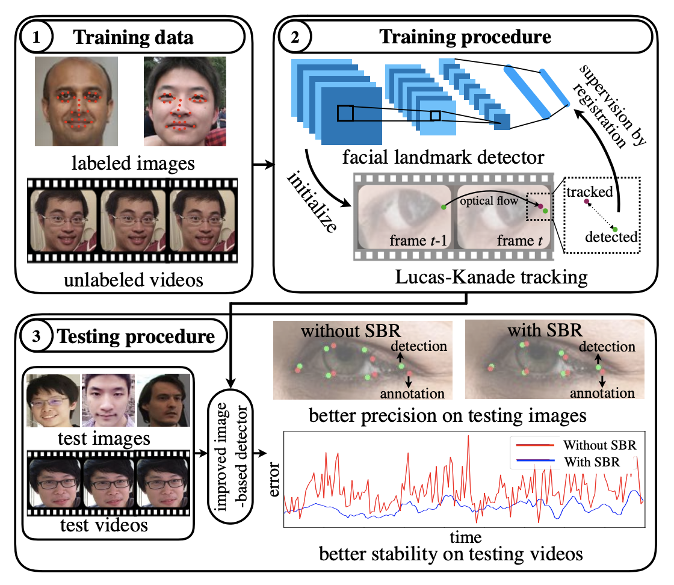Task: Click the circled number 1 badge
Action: pos(37,37)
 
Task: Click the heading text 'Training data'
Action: pos(133,37)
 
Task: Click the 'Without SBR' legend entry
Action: pos(598,446)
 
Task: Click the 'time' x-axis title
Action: pos(465,535)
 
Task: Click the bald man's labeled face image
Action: pos(75,102)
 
